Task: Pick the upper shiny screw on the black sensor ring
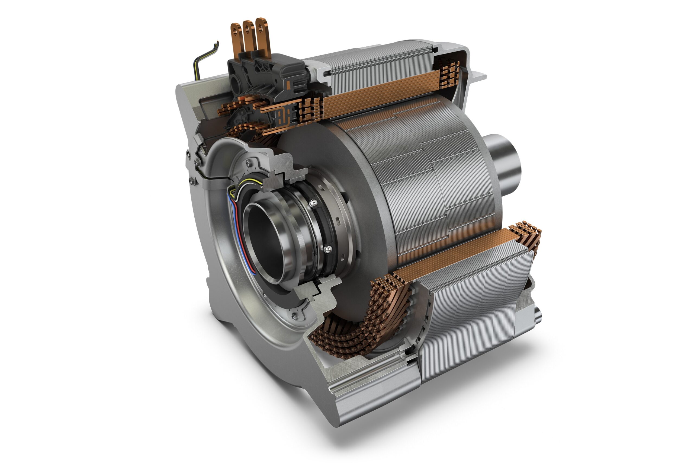tap(314, 203)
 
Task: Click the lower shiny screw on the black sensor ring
tap(327, 249)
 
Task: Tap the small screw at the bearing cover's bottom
tap(294, 316)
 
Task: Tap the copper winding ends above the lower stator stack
tap(525, 233)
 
